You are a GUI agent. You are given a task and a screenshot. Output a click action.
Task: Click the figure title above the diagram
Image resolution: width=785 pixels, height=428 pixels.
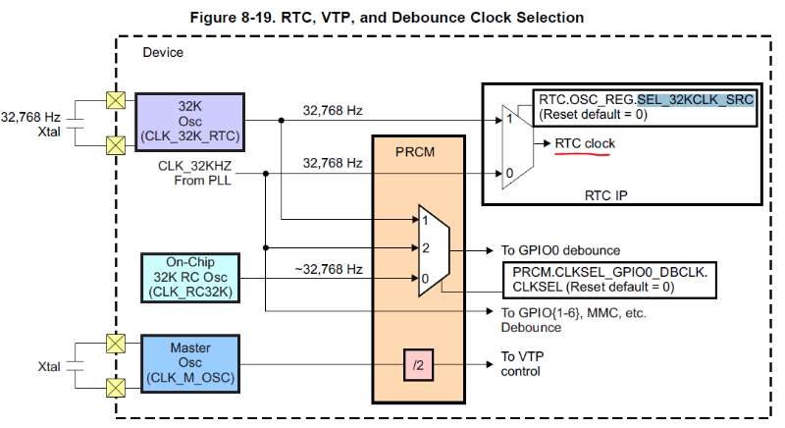pos(393,17)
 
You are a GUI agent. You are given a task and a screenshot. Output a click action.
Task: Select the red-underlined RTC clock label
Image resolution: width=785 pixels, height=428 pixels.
pos(585,144)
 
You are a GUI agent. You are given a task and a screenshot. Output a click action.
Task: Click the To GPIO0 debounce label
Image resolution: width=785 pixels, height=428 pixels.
pos(554,251)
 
